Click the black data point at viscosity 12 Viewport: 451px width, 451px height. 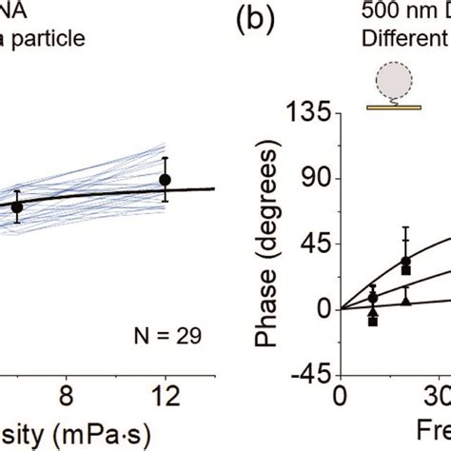[x=166, y=179]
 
